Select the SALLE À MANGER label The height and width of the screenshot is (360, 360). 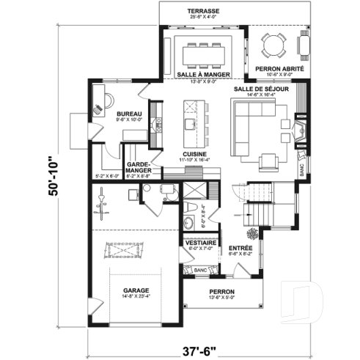click(205, 75)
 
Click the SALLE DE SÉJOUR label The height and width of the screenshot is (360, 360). click(260, 88)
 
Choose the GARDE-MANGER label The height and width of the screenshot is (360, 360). click(139, 168)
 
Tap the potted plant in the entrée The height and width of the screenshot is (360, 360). click(254, 235)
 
